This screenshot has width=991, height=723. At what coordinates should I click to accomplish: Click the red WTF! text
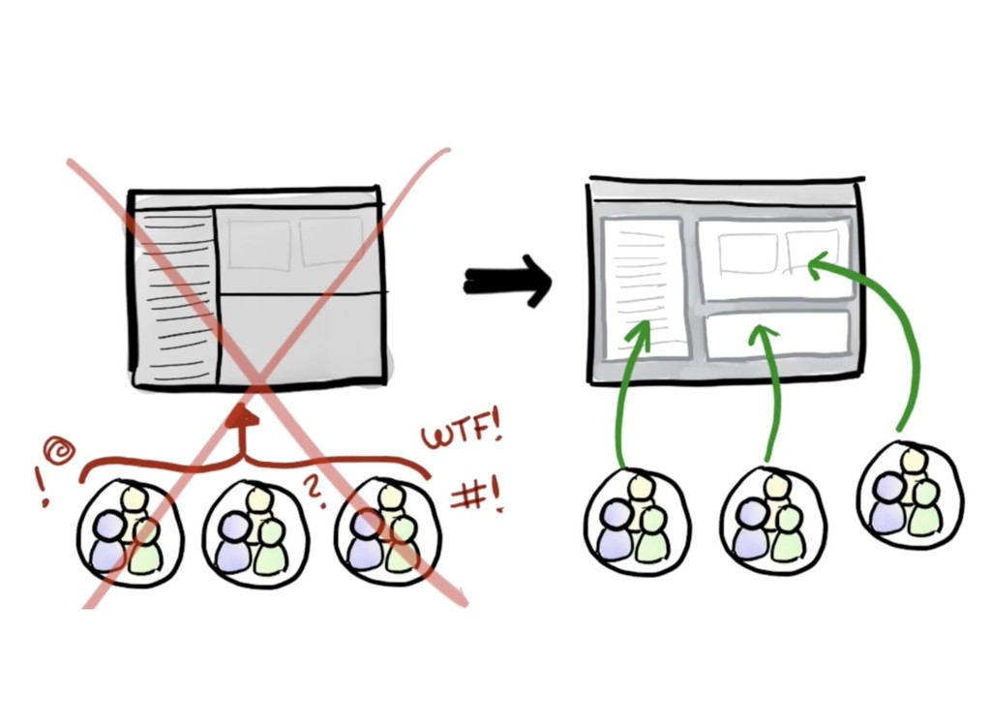point(461,432)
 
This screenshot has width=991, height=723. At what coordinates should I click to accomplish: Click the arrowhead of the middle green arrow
point(764,335)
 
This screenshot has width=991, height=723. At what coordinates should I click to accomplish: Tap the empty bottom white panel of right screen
point(777,334)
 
